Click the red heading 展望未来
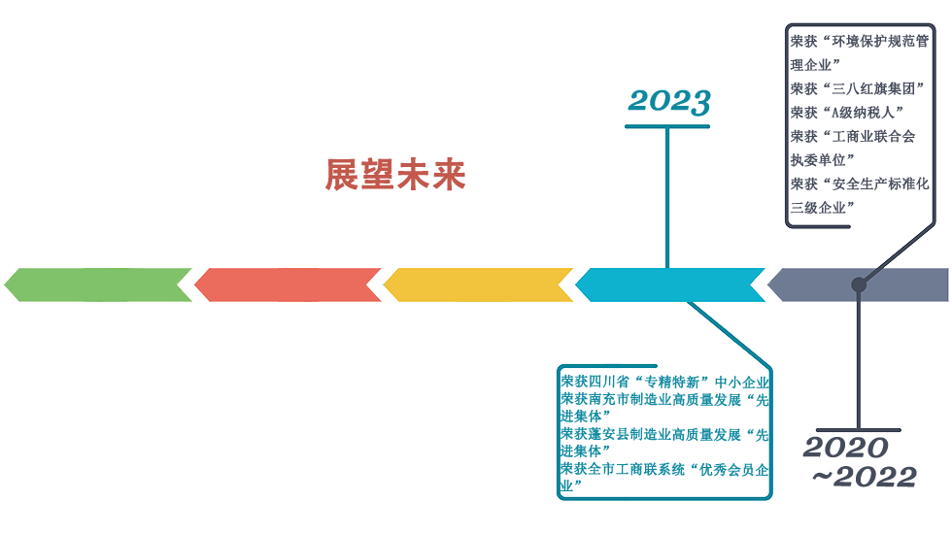(395, 175)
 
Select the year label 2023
(669, 101)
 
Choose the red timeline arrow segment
(289, 284)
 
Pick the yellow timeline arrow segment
(479, 284)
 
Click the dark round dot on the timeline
(859, 284)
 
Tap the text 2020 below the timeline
(845, 448)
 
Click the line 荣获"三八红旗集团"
(856, 88)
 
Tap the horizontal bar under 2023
(667, 126)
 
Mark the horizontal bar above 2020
(858, 429)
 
